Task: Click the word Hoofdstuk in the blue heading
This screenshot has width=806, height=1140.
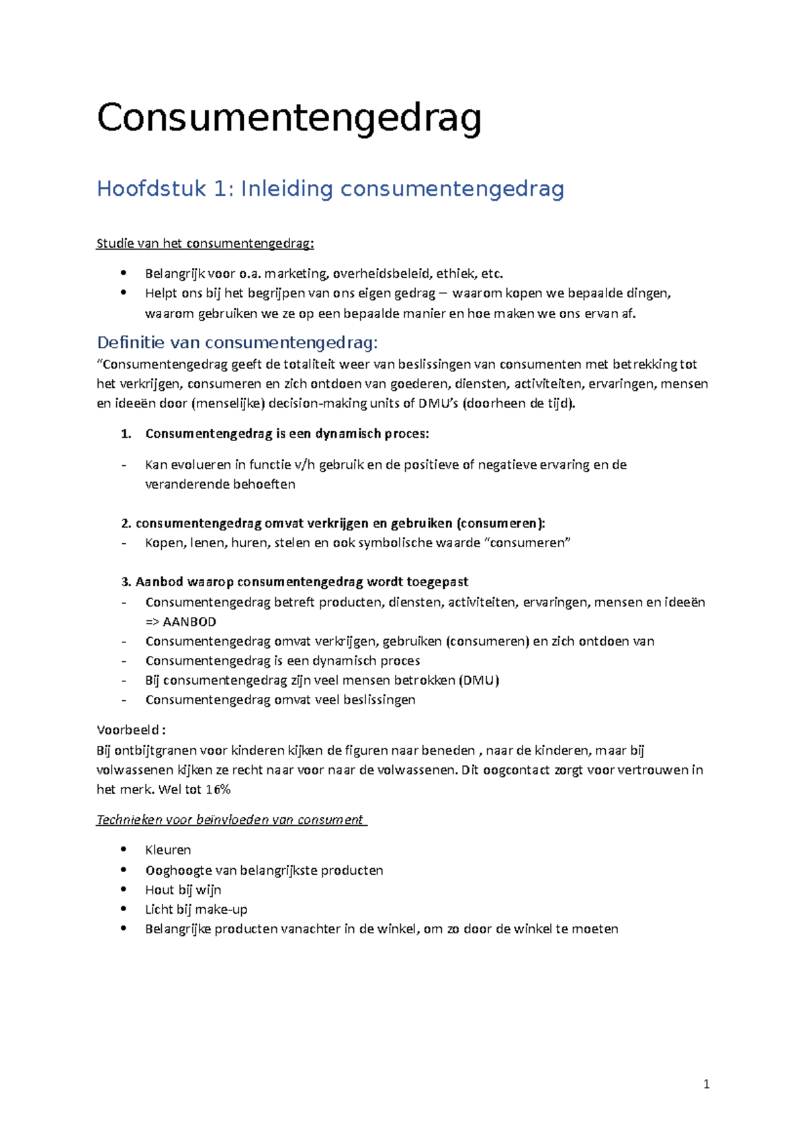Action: (x=151, y=189)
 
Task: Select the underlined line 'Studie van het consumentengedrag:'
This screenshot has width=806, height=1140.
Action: (x=205, y=243)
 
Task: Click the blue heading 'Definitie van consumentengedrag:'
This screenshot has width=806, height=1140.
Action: (x=237, y=342)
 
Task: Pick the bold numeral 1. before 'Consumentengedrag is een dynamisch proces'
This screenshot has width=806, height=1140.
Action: (x=126, y=434)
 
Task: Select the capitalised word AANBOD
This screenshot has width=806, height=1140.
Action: (x=189, y=622)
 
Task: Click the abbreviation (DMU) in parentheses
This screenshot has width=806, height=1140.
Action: (x=479, y=680)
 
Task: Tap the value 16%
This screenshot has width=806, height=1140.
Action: (x=218, y=790)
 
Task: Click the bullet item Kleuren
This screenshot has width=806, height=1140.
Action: (x=168, y=850)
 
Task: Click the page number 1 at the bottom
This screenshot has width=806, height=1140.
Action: (x=706, y=1084)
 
